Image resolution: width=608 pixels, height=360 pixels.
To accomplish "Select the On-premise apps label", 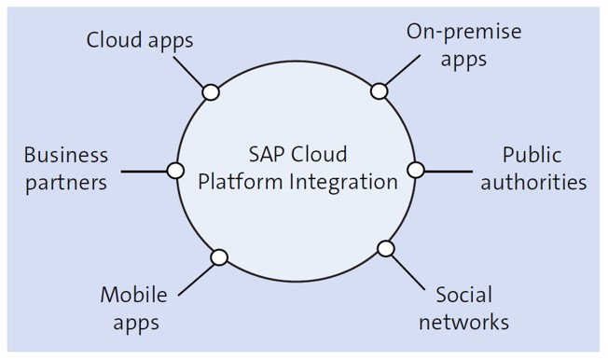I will click(x=463, y=45).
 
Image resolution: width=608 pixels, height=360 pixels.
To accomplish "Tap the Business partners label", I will click(x=65, y=168).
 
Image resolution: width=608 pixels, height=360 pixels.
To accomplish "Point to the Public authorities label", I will click(x=545, y=168).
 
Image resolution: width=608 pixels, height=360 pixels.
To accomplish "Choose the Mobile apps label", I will click(x=133, y=309).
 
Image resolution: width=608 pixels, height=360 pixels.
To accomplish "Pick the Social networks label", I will click(x=463, y=309).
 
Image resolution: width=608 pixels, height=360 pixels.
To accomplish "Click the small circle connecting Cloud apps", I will click(x=211, y=91).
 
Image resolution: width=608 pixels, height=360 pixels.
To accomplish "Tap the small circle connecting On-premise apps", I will click(x=379, y=90).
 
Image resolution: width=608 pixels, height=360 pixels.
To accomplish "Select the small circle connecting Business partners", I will click(x=174, y=170).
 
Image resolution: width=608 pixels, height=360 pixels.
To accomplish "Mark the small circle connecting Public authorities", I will click(x=416, y=170).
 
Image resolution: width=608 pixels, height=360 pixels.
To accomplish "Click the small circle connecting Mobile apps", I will click(x=219, y=257).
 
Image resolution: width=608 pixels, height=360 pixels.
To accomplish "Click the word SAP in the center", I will click(x=268, y=154).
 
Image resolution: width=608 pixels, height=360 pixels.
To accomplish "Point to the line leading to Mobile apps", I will click(x=198, y=276).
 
